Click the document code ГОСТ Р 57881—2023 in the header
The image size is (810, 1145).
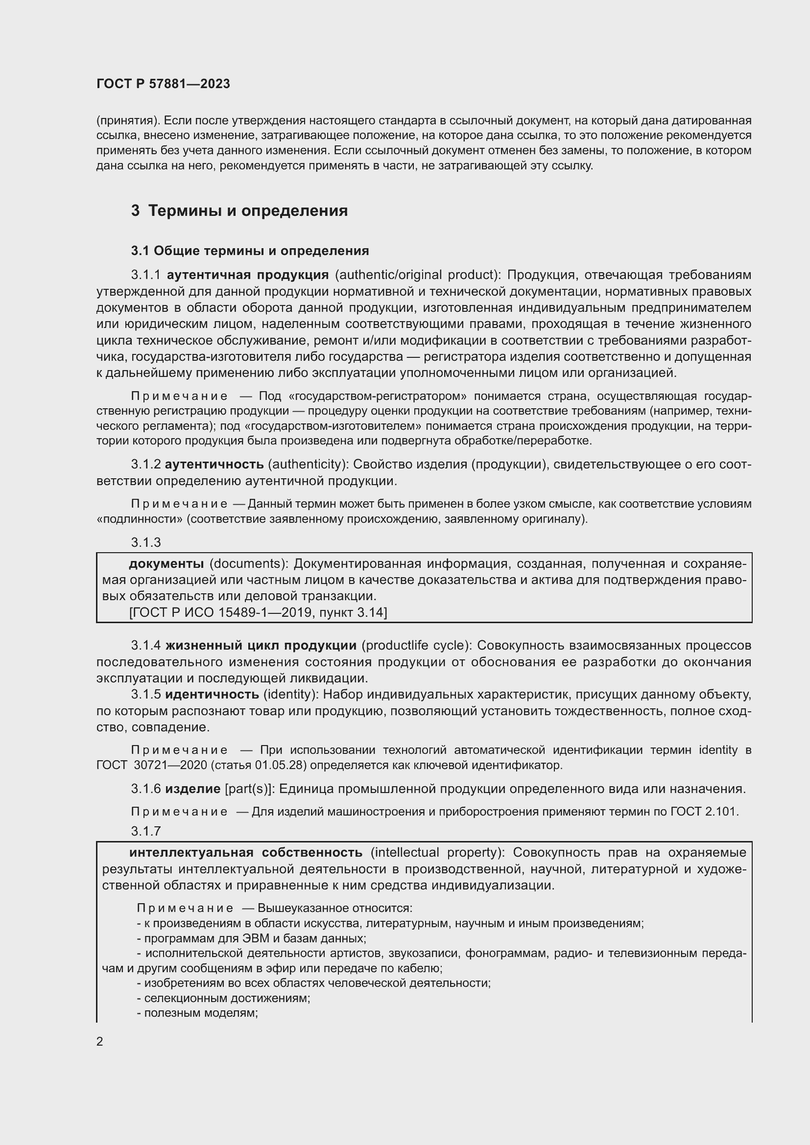pos(163,84)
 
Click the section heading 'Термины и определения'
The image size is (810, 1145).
pos(248,211)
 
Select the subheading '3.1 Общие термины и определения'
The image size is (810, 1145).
pos(250,251)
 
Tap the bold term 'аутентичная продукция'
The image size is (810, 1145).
pos(247,275)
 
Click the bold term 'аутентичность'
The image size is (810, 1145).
pos(214,464)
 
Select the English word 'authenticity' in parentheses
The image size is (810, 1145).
pos(307,464)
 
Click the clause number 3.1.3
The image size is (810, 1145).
pos(145,542)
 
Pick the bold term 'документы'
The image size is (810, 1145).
pos(166,563)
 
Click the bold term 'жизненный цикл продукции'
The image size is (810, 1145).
pos(261,645)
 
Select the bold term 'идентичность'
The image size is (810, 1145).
pos(212,694)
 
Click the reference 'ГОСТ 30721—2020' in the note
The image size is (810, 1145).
pos(145,765)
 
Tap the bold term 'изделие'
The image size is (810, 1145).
pos(192,789)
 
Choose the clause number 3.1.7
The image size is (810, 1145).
pos(145,831)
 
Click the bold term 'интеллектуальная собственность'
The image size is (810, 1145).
pos(245,852)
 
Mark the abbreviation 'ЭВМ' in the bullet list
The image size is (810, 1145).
pos(258,938)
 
